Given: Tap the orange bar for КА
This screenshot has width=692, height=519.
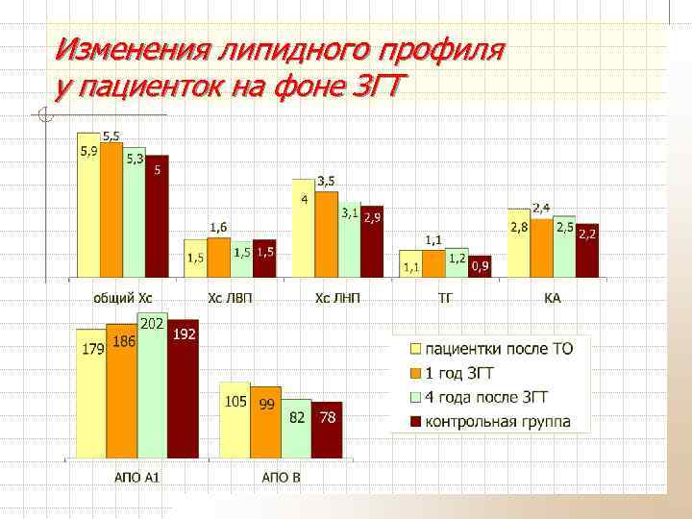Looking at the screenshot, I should pos(542,246).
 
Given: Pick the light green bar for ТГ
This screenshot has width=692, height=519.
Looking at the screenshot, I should pos(457,262).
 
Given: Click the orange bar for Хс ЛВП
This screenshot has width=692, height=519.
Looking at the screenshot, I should pos(219,259).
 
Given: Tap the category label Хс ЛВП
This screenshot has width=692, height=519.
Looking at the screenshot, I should pos(230,298).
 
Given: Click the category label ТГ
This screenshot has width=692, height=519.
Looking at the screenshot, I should pos(445,298).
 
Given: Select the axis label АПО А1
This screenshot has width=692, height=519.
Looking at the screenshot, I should pos(136,476).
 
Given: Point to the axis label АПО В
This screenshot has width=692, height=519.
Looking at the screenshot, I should pos(281,476).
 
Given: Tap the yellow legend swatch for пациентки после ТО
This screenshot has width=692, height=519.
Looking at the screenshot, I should pos(416,348).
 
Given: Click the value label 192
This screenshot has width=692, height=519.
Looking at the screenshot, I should pos(184,334).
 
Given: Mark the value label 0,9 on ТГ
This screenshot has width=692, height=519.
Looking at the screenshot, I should pos(479,265).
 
